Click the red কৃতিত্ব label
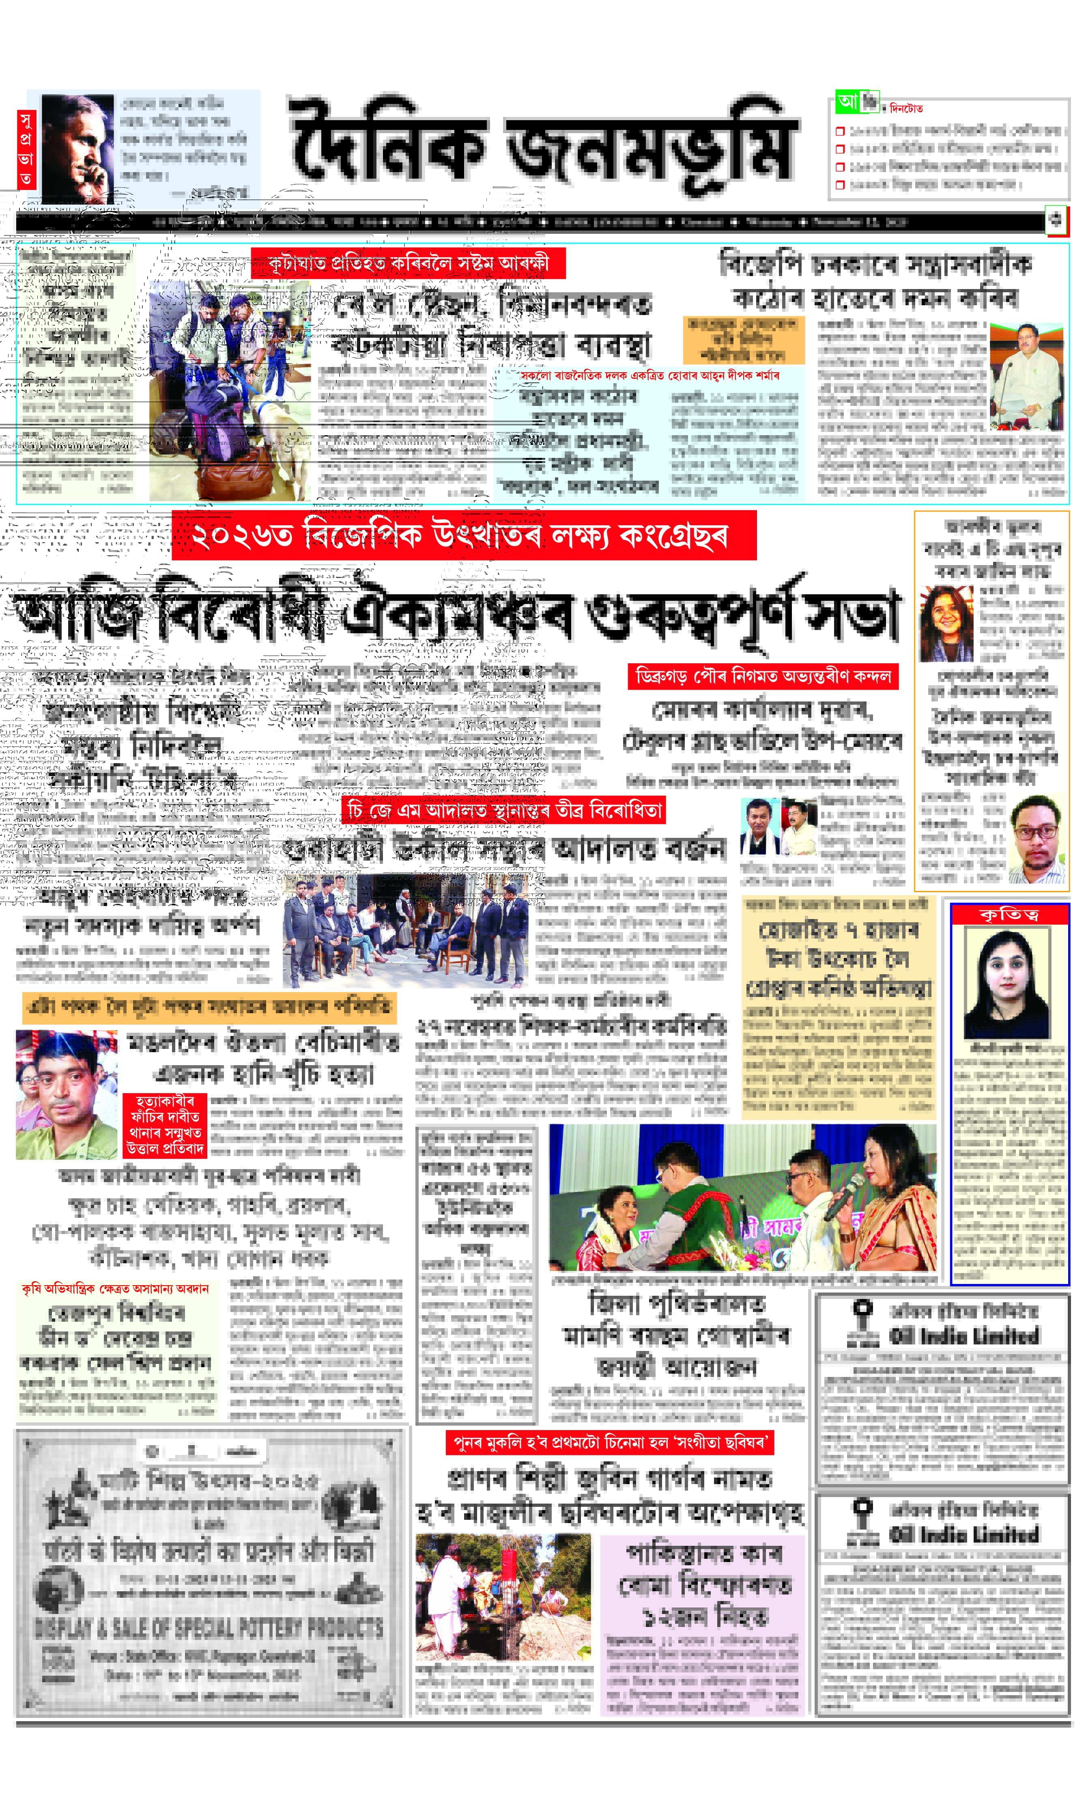click(1009, 914)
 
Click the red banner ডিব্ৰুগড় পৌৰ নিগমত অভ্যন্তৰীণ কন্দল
click(763, 676)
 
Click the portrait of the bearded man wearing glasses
click(1036, 840)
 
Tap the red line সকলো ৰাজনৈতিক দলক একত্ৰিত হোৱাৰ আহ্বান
click(650, 375)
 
